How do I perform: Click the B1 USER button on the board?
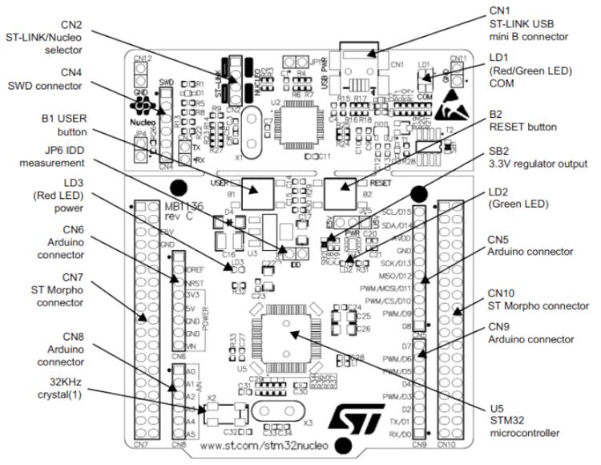coord(257,189)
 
